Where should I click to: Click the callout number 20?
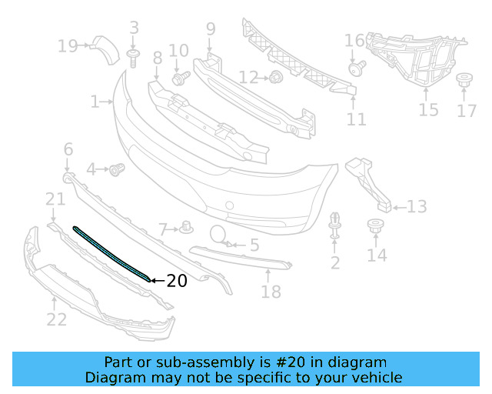(x=177, y=282)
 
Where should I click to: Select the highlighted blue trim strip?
(x=111, y=255)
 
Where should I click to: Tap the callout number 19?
(x=68, y=46)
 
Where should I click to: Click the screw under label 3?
(x=134, y=57)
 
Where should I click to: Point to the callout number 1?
(x=95, y=101)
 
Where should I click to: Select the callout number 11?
(x=356, y=119)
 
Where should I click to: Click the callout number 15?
(x=428, y=110)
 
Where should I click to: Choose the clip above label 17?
(x=465, y=81)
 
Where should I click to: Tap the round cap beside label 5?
(x=218, y=235)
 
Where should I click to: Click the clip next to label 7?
(x=186, y=226)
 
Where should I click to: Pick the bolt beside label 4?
(x=117, y=169)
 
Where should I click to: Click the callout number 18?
(x=271, y=292)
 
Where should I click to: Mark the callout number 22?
(x=56, y=318)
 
